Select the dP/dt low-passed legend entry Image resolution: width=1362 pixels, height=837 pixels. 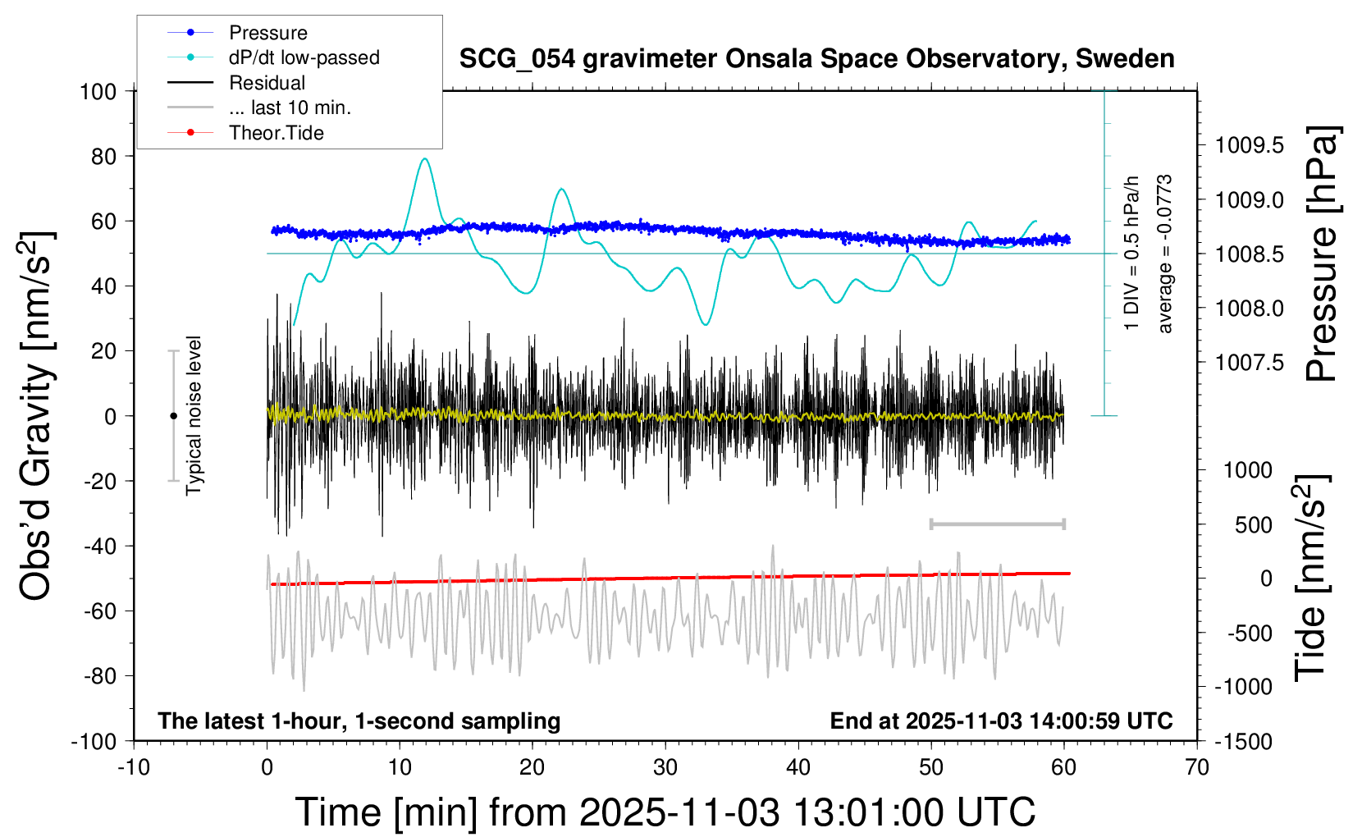[304, 57]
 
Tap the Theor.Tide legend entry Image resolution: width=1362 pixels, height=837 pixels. [276, 133]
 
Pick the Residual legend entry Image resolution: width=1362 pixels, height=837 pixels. [267, 83]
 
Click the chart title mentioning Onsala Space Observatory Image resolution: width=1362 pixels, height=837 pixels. [816, 59]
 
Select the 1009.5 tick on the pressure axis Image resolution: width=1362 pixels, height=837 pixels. [1250, 146]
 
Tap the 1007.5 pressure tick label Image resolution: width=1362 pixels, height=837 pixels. [1250, 363]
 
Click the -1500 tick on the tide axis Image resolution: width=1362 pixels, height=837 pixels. [1243, 742]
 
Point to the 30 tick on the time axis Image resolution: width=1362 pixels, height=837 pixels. [665, 768]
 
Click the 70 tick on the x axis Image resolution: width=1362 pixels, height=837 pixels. [1197, 768]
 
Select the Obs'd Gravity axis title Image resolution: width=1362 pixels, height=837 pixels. [37, 416]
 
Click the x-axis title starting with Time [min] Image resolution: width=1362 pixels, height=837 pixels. [665, 812]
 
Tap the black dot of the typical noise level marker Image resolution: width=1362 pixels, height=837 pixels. [173, 416]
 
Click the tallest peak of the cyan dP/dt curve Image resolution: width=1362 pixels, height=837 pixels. [424, 159]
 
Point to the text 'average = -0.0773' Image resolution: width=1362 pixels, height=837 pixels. [1165, 254]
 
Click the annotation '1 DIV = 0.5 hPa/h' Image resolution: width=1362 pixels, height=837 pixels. [1132, 253]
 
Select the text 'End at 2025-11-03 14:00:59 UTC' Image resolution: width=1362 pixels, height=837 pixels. [1001, 721]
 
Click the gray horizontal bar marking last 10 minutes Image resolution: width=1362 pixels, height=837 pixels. [997, 524]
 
